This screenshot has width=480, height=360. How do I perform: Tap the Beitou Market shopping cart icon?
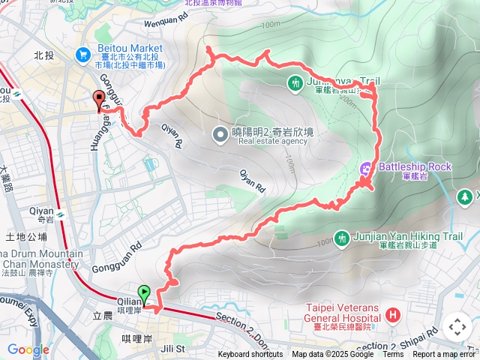click(82, 54)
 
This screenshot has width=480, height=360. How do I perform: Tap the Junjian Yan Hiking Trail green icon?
click(342, 238)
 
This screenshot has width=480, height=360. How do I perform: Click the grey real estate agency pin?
click(220, 135)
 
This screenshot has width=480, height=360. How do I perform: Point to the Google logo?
click(28, 349)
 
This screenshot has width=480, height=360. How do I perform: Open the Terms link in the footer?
click(393, 355)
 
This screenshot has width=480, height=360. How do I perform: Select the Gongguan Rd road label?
click(117, 257)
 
